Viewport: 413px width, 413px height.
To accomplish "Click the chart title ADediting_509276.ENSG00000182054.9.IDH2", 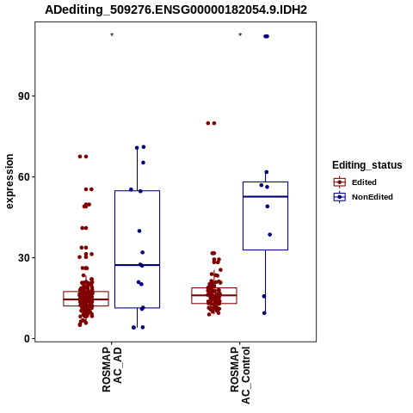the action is coord(176,9).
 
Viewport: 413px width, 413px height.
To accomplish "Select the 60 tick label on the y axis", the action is coord(24,177).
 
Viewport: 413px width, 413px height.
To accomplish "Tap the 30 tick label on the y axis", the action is coord(24,258).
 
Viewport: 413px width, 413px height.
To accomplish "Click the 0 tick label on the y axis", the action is coord(28,339).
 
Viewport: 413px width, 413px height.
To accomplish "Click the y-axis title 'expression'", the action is coord(9,182).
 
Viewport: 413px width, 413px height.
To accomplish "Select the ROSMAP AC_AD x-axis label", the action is coord(112,369).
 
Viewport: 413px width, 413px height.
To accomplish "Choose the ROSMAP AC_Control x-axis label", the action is coord(240,375).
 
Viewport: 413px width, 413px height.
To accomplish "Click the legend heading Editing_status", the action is coord(367,165).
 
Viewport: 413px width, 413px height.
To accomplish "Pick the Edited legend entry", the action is coord(355,182).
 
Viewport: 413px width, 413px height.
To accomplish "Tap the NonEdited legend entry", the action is coord(363,197).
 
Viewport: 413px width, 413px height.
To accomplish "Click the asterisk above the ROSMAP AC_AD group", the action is coord(112,35).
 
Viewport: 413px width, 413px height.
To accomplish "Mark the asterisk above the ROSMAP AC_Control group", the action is coord(240,35).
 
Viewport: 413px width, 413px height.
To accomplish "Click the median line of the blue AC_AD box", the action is coord(137,265).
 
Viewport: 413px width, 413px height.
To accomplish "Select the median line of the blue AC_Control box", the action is coord(265,196).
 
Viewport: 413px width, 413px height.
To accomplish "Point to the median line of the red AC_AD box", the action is coord(86,299).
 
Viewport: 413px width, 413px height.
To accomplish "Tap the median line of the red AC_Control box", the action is coord(214,295).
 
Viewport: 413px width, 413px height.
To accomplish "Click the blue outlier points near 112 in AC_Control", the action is coord(267,36).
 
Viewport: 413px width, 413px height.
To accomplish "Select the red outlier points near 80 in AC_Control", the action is coord(211,123).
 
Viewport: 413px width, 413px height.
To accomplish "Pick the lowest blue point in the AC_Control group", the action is coord(264,313).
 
